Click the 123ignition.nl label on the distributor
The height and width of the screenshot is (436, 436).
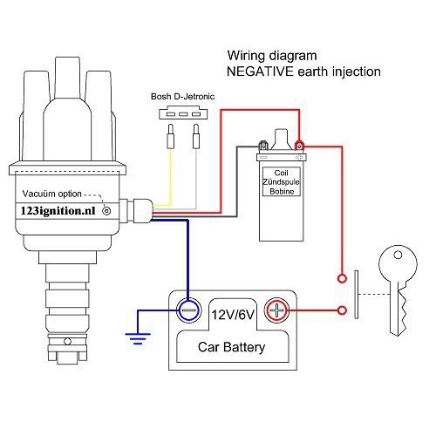point(59,210)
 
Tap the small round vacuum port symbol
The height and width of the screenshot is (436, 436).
point(107,210)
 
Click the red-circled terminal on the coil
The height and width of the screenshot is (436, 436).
point(299,145)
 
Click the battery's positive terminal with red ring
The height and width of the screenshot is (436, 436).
point(276,310)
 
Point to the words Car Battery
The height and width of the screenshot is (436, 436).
point(231,348)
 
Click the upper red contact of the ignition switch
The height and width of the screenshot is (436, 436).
point(340,280)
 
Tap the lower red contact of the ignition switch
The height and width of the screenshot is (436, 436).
point(340,309)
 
